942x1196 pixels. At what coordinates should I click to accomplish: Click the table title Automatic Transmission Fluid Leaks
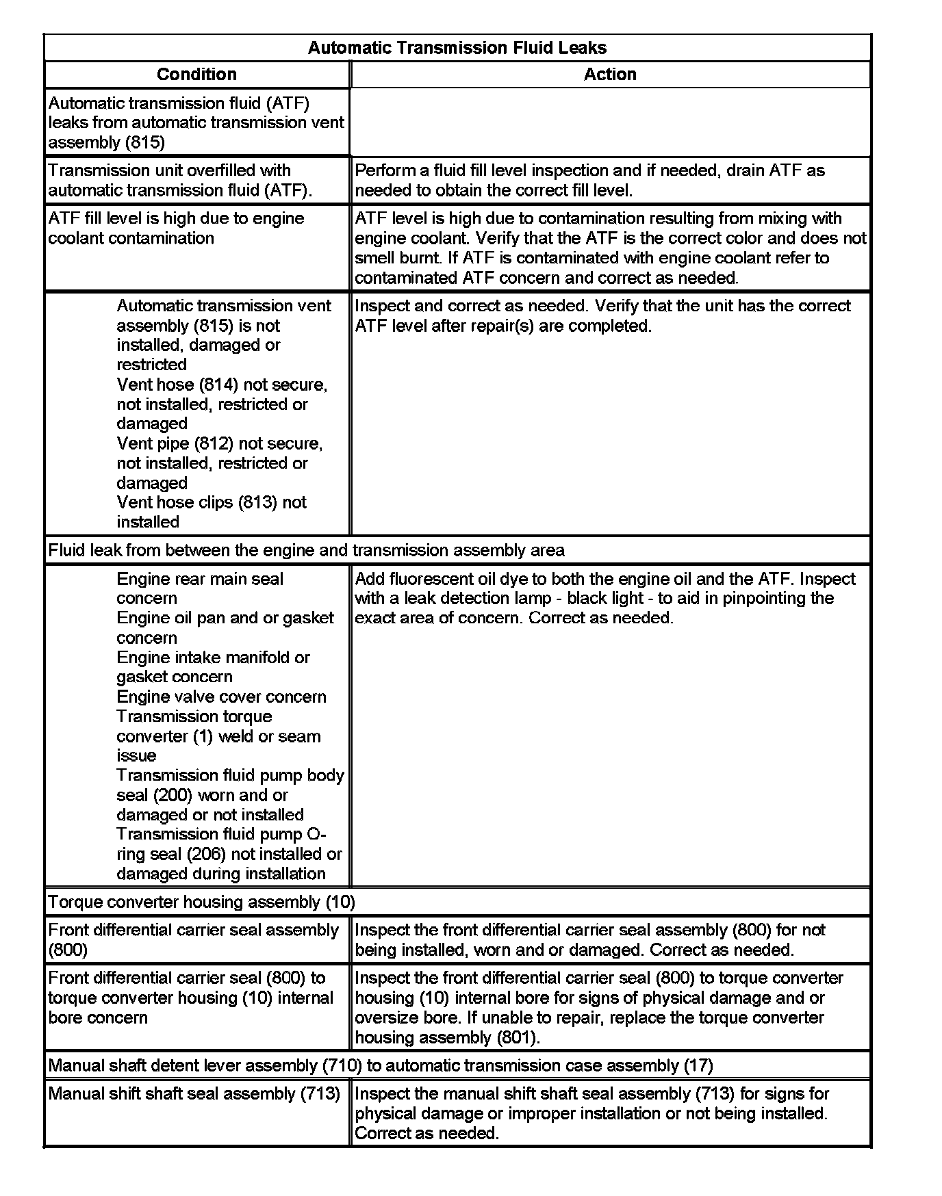point(457,48)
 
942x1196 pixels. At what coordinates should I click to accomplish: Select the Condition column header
point(196,75)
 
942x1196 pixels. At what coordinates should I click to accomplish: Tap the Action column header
point(610,75)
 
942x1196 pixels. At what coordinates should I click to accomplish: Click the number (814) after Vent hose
point(218,385)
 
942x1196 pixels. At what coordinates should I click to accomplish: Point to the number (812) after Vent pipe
point(214,443)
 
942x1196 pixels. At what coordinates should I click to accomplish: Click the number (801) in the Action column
point(515,1037)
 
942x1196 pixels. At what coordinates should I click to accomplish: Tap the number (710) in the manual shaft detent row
point(342,1065)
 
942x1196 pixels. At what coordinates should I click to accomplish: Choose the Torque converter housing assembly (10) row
point(201,902)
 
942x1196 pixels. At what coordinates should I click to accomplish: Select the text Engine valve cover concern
point(221,697)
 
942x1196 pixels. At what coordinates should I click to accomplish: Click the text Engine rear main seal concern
point(199,588)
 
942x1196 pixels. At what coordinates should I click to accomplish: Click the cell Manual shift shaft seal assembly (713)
point(194,1093)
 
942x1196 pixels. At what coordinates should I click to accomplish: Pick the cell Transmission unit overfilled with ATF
point(180,180)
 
